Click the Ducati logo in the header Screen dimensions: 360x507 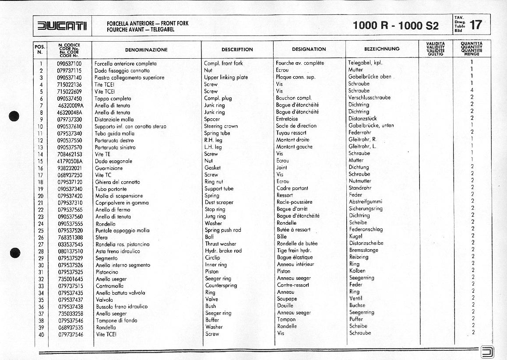(x=62, y=26)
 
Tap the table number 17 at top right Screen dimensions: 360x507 (x=475, y=25)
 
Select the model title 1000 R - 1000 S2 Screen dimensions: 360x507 (x=395, y=25)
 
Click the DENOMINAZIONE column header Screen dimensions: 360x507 (x=146, y=49)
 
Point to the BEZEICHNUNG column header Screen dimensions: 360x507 (x=381, y=49)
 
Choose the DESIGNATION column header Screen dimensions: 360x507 (x=309, y=49)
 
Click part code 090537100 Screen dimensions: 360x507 (x=69, y=64)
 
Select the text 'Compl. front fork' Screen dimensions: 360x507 (x=223, y=64)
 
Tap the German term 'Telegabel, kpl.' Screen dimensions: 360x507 (x=365, y=63)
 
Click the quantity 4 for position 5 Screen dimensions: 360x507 (x=472, y=91)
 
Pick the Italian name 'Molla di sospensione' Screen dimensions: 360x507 (x=119, y=196)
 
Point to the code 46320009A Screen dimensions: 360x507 (x=70, y=105)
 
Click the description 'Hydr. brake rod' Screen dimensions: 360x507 (x=223, y=251)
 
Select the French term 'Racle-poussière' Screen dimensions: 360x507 (x=294, y=202)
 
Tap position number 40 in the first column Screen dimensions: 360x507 (x=41, y=334)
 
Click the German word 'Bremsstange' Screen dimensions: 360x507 (x=363, y=251)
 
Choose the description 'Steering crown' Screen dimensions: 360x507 (x=221, y=126)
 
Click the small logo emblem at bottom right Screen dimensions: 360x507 (x=486, y=351)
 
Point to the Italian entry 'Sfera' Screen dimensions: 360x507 (x=102, y=237)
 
